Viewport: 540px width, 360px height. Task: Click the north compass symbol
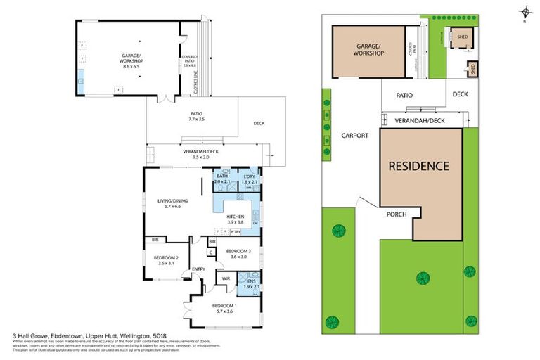coord(525,12)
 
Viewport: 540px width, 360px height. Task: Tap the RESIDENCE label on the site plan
coord(419,167)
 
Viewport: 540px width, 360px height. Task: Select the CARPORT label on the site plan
coord(355,136)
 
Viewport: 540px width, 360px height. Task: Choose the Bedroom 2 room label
coord(166,260)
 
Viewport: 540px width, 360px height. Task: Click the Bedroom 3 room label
coord(239,254)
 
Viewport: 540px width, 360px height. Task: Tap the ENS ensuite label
coord(251,283)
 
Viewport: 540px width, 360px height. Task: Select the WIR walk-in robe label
coord(226,279)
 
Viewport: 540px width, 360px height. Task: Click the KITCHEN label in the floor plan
coord(235,219)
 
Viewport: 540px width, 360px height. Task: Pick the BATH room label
coord(222,179)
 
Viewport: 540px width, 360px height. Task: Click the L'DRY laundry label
coord(250,179)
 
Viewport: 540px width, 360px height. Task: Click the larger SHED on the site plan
coord(462,39)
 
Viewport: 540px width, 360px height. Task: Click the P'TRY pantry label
coord(235,231)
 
